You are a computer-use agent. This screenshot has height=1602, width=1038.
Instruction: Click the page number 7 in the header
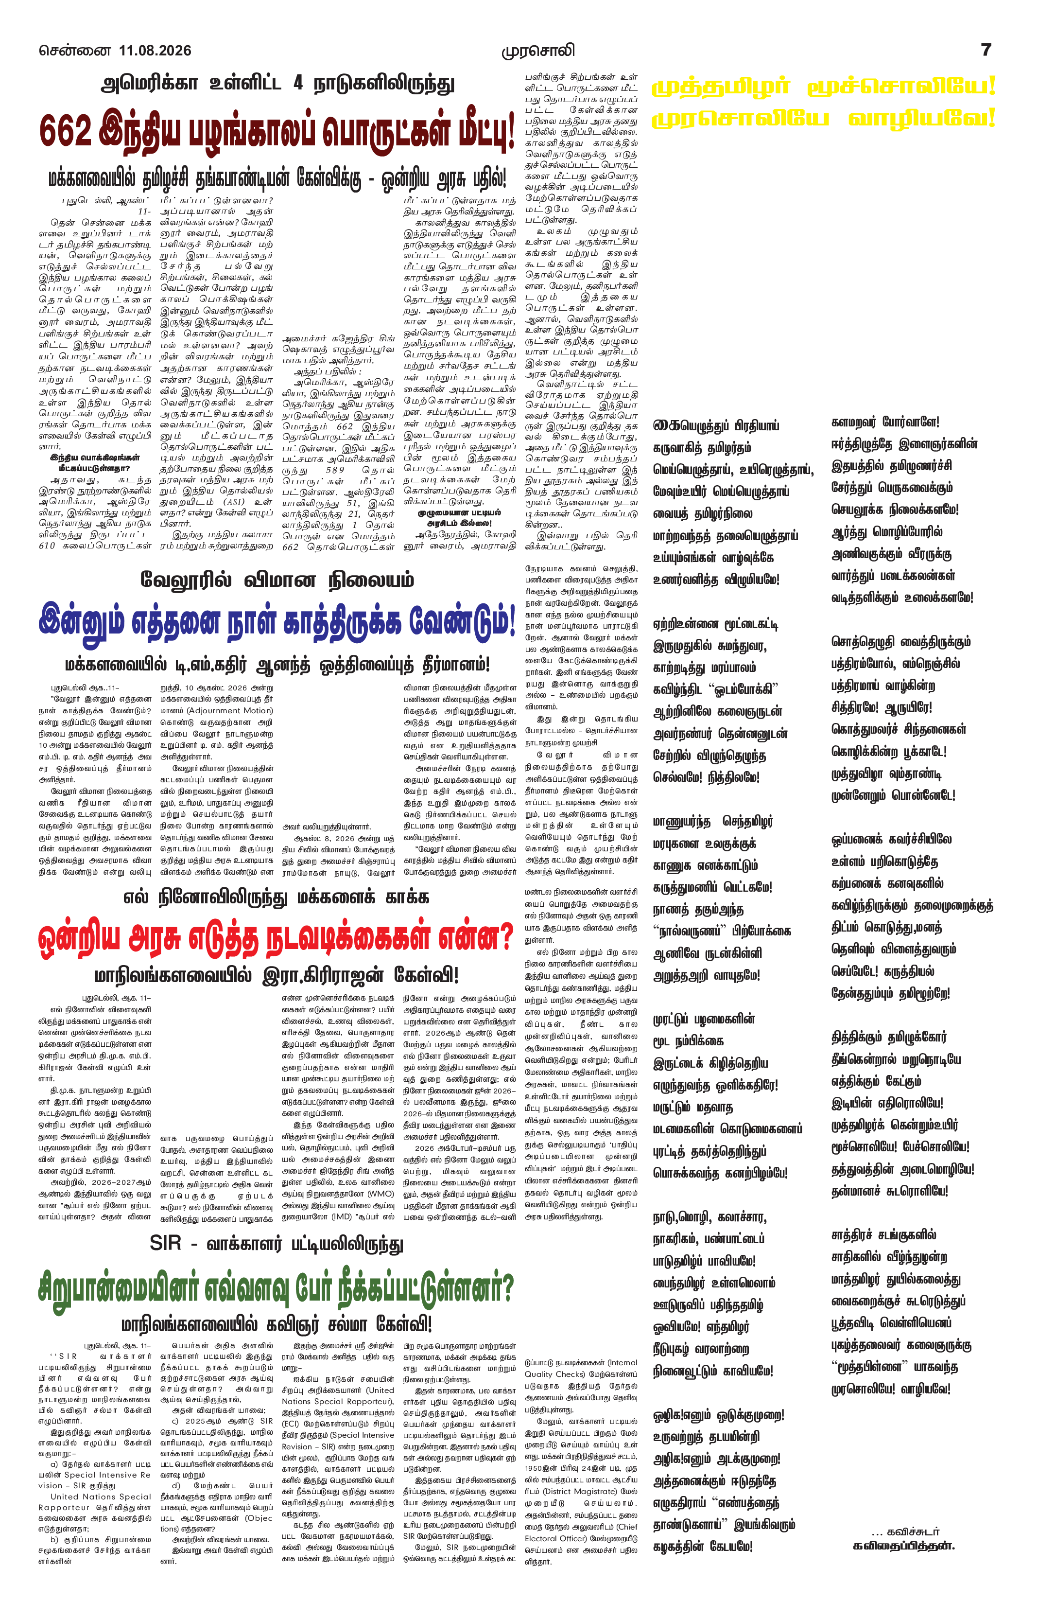tap(986, 50)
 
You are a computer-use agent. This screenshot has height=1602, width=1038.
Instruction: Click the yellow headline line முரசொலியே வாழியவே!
tap(823, 119)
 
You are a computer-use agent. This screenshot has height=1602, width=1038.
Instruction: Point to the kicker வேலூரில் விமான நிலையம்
tap(277, 580)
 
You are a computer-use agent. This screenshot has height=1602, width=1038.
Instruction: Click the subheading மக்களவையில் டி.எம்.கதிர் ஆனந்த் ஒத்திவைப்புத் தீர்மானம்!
tap(277, 664)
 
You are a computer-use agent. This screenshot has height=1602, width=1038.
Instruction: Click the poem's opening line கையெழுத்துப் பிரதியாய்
tap(716, 425)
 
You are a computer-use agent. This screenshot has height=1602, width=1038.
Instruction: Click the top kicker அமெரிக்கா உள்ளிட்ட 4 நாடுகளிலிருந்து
tap(278, 84)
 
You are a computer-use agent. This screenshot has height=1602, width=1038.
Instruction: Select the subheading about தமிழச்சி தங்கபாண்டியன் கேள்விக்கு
tap(277, 178)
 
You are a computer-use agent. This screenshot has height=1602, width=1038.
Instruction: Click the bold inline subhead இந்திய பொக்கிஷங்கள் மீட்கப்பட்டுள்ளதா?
tap(95, 462)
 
